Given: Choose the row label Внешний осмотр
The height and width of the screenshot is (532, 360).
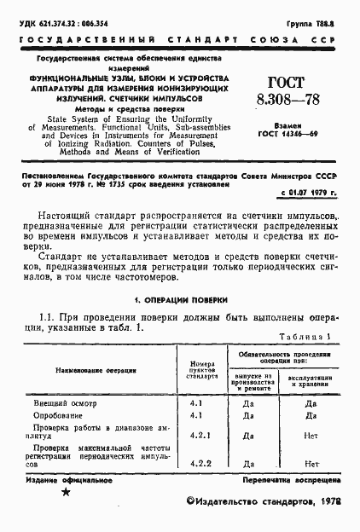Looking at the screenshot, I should [63, 402].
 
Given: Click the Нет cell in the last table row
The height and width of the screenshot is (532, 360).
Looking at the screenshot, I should [311, 464].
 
